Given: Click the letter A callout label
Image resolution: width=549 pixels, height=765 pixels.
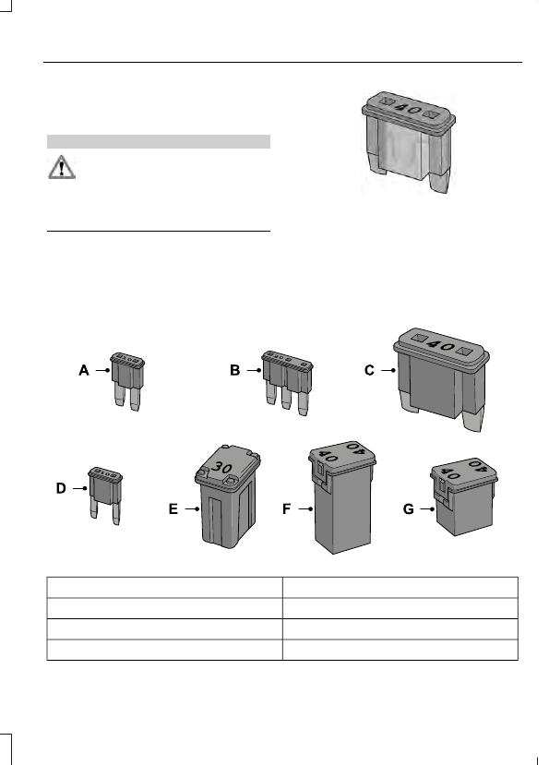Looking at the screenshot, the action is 84,370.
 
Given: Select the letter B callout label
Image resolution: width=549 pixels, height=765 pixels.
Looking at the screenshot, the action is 234,370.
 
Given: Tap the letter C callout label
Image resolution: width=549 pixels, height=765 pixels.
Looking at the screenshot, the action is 369,370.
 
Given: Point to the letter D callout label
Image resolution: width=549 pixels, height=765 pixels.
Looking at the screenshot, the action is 61,488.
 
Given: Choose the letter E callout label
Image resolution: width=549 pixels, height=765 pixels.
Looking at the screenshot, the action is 173,508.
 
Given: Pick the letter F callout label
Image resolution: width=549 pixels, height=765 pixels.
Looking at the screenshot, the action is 287,508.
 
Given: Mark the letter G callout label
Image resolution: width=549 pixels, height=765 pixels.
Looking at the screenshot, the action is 409,508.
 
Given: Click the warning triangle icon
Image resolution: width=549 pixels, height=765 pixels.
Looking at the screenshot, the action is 62,167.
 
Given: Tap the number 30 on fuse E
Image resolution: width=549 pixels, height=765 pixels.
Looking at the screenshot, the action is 222,467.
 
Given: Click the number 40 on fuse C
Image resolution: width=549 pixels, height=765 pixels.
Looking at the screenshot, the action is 441,345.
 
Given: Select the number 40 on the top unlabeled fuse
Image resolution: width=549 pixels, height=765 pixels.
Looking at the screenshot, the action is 407,109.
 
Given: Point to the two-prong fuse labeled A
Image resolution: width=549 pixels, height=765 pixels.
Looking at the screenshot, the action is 128,381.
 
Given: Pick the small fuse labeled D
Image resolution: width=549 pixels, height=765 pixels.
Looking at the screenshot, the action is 105,496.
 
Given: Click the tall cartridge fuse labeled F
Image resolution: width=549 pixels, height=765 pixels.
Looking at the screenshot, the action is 342,497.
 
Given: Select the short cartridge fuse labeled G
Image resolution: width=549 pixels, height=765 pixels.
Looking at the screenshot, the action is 463,496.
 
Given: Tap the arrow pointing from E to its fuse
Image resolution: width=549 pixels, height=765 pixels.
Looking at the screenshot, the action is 192,508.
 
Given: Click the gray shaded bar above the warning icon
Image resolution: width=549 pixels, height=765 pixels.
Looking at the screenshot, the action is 159,141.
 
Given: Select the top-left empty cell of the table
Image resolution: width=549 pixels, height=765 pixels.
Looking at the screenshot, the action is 164,588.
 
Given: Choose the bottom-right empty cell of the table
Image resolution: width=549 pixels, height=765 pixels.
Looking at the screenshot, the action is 400,650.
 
